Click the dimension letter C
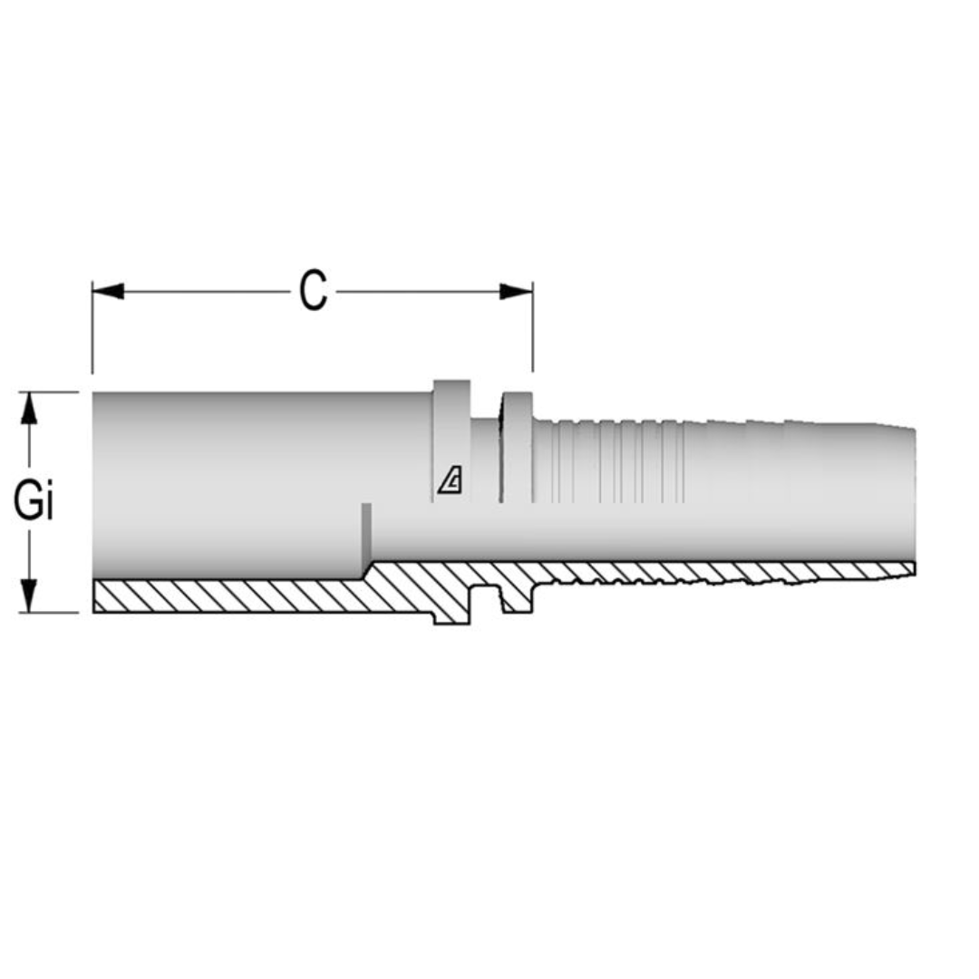(313, 292)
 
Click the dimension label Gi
(34, 502)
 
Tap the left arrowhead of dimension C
(108, 292)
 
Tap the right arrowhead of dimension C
(516, 292)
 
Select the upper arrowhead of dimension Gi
(30, 410)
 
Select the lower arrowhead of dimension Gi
(30, 595)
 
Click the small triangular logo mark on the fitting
(451, 480)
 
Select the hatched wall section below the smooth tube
(227, 595)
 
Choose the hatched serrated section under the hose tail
(725, 571)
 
